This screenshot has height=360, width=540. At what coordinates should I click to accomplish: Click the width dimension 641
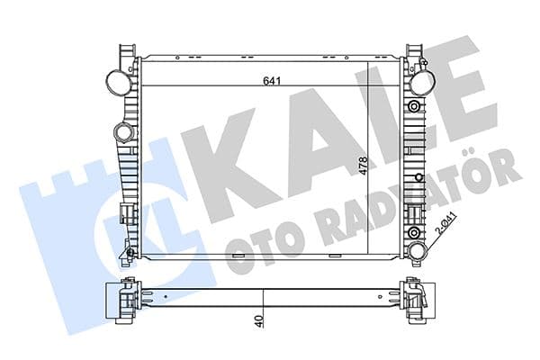tap(268, 81)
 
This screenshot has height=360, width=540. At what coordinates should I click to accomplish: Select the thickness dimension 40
tap(258, 319)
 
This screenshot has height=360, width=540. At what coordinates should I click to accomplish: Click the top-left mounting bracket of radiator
tap(125, 51)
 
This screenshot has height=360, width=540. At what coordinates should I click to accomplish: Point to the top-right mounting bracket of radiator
tap(413, 51)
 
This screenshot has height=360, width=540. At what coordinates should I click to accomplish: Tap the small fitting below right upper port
tap(415, 106)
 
